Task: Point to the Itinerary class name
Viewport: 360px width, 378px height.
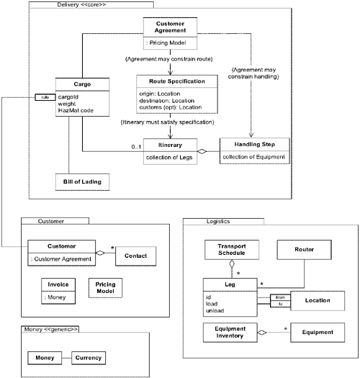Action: (x=170, y=145)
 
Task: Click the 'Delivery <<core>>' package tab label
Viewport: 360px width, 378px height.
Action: (x=78, y=6)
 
